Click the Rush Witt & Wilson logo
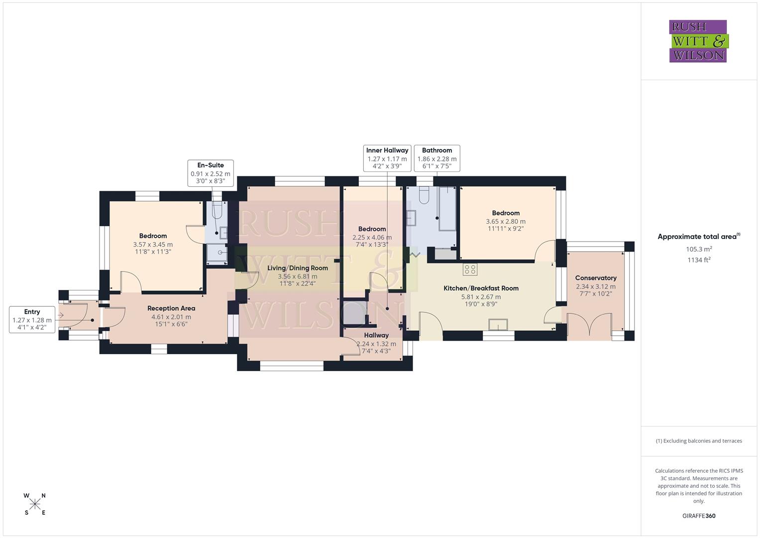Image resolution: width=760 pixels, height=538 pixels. (698, 41)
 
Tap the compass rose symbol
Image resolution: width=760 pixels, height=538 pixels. (35, 504)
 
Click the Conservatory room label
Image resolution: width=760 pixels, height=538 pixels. (596, 278)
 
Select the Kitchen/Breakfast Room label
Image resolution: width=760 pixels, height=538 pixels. (481, 288)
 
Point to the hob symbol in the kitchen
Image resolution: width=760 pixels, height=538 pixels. (470, 269)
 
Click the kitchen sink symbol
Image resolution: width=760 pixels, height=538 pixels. (498, 324)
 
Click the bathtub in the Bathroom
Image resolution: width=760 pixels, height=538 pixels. (447, 209)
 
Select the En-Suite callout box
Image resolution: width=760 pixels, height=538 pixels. (211, 173)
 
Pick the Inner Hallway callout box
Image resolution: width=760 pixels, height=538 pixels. (387, 158)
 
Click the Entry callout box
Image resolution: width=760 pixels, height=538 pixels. (32, 320)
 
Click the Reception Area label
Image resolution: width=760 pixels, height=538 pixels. (171, 308)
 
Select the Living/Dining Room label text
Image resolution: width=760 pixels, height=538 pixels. (298, 268)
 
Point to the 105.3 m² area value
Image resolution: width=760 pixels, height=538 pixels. (699, 249)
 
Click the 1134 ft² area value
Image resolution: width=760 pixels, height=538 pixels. (699, 260)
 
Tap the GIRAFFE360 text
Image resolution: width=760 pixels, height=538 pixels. (699, 516)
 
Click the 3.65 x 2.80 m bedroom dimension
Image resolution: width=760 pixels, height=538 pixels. (506, 221)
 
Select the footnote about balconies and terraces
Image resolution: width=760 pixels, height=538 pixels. (699, 441)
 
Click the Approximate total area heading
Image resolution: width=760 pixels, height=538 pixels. (698, 237)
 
